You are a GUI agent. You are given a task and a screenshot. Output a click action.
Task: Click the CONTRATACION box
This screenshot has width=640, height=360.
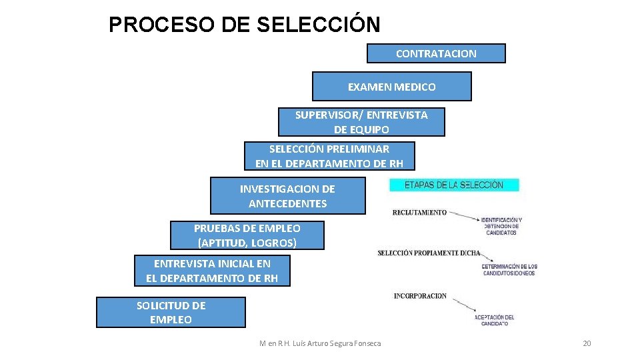pos(436,53)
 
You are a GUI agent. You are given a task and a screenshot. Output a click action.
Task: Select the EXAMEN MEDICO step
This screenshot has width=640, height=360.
pos(391,87)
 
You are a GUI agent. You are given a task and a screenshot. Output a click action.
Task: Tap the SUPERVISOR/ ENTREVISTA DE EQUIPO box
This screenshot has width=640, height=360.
pos(361,122)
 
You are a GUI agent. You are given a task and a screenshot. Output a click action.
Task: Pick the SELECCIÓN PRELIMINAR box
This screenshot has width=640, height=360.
pos(329,156)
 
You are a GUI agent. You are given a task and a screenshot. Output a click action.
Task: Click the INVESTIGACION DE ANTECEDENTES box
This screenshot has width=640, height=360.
pos(287,196)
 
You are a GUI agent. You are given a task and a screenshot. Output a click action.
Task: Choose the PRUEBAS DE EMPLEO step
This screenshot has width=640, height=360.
pos(247,235)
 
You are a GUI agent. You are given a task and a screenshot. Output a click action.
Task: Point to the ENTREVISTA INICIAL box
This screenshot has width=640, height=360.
pos(212,271)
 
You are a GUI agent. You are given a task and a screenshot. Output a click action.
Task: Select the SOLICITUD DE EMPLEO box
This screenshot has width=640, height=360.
pos(171,313)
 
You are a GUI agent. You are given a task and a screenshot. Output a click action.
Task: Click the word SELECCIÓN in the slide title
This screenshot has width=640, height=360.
pos(318,25)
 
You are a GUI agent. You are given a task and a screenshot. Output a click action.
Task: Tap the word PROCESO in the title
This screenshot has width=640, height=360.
pos(156,25)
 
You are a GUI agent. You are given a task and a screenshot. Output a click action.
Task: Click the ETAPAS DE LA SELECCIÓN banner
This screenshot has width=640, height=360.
pos(454,185)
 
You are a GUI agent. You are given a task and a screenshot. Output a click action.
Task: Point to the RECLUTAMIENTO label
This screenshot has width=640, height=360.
pos(419,213)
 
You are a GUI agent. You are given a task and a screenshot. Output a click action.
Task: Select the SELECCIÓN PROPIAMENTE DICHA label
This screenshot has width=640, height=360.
pos(428,253)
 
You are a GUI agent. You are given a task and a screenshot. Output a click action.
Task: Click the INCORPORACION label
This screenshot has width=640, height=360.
pos(420,296)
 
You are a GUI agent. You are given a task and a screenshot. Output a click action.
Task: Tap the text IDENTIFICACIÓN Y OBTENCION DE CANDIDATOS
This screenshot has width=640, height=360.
pos(501,226)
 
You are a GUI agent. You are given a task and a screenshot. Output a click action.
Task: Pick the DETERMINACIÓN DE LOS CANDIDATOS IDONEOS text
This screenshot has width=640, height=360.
pos(509,269)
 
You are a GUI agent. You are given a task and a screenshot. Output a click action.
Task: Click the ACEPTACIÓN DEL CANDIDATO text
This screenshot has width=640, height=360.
pos(495,320)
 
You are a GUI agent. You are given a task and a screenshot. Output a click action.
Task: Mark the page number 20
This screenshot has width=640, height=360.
pos(587,343)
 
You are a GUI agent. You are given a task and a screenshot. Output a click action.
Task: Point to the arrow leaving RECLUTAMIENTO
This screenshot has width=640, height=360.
pos(463,215)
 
